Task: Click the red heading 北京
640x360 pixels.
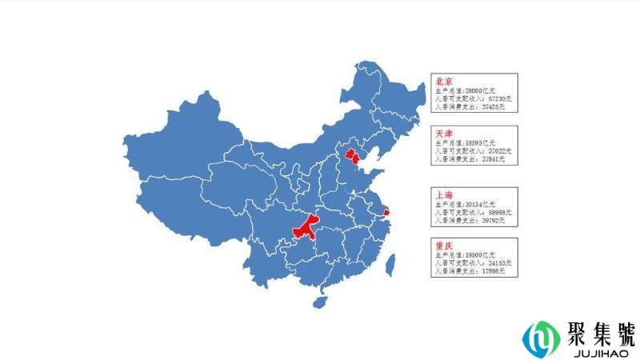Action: pyautogui.click(x=443, y=81)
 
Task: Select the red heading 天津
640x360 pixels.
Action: pyautogui.click(x=443, y=132)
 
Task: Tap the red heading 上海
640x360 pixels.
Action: pyautogui.click(x=443, y=194)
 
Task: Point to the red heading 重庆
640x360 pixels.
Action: pyautogui.click(x=443, y=246)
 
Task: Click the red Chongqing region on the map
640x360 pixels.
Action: pyautogui.click(x=305, y=229)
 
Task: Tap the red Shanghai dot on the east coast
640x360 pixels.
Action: pyautogui.click(x=387, y=212)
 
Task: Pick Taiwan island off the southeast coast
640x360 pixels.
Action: pyautogui.click(x=391, y=263)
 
